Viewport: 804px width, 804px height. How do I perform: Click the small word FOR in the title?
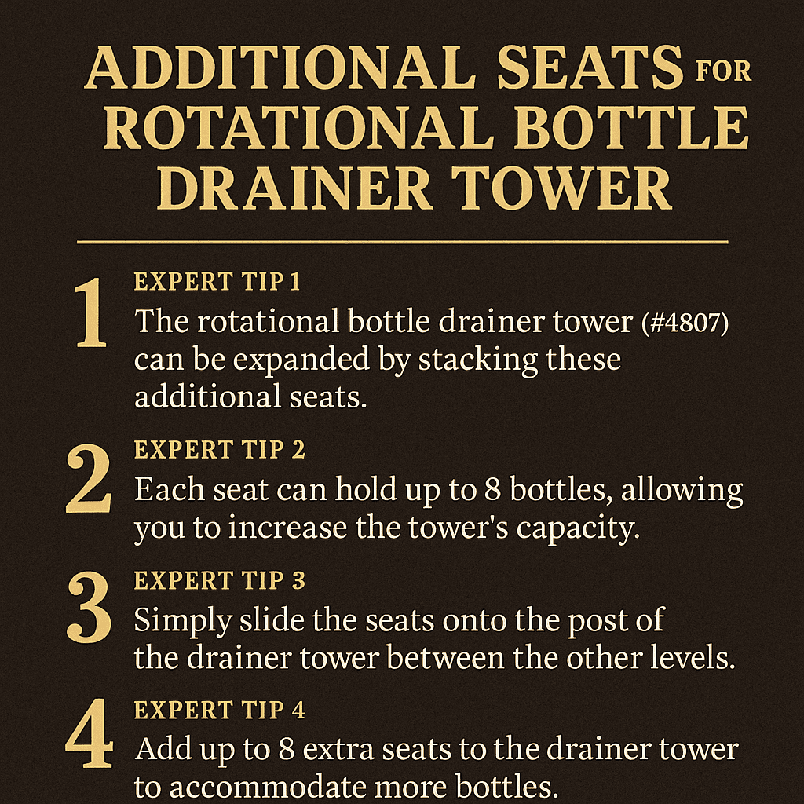[x=723, y=70]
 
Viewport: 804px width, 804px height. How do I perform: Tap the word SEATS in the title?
[x=590, y=68]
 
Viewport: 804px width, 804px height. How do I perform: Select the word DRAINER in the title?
[x=294, y=188]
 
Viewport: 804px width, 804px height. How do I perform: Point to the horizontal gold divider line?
[x=403, y=242]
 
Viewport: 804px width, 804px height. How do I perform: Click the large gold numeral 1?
[x=91, y=312]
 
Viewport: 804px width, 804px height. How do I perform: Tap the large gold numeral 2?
[x=89, y=478]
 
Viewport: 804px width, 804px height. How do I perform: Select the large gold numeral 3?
[x=89, y=608]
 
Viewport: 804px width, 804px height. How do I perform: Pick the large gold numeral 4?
[x=90, y=733]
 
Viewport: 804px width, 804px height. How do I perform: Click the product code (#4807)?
[x=685, y=324]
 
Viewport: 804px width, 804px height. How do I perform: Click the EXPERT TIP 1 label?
[x=217, y=282]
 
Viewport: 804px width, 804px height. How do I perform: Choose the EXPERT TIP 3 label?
[x=220, y=580]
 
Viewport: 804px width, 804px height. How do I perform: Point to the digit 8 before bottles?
[x=492, y=490]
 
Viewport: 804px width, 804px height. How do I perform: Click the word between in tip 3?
[x=445, y=658]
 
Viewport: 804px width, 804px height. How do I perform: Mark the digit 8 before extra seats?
[x=287, y=750]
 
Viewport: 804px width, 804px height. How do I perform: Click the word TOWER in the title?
[x=561, y=188]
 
